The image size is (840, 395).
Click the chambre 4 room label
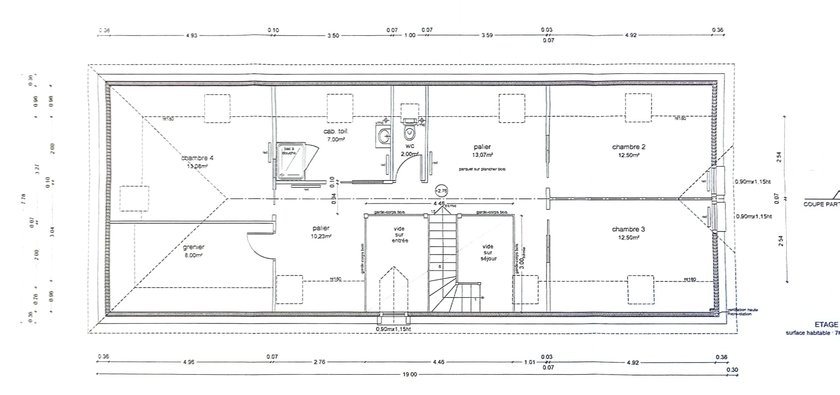197,158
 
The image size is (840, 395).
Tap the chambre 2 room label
628,147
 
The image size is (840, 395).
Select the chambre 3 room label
628,229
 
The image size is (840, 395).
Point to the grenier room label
193,247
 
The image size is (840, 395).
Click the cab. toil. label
336,132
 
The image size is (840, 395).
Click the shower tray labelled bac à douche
292,161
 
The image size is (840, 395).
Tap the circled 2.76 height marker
441,190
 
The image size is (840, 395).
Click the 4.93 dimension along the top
191,36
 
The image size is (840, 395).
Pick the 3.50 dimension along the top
333,36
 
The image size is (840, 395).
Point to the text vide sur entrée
399,235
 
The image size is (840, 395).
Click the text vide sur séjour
488,252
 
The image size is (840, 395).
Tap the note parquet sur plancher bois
482,169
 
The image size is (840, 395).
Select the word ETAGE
826,325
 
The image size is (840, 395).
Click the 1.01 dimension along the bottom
530,362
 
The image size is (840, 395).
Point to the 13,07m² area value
482,155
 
